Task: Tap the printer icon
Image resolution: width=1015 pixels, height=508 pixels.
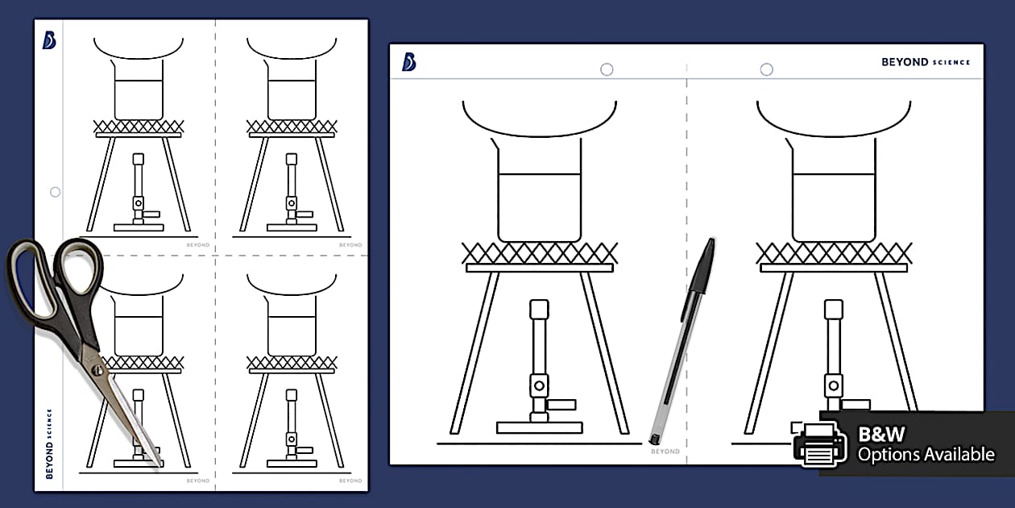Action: pos(820,443)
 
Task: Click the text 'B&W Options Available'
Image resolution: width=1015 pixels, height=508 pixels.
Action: pos(925,444)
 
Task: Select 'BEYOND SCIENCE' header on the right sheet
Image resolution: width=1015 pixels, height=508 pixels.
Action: pos(926,62)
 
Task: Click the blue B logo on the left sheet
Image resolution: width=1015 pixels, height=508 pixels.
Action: pos(49,40)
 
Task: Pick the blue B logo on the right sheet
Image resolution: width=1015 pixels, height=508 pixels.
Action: pos(409,62)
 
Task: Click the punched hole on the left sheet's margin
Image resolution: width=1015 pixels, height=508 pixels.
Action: pos(55,192)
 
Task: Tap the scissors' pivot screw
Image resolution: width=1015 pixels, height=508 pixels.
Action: pos(97,370)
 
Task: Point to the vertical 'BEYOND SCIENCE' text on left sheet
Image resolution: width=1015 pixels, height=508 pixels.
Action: pos(49,443)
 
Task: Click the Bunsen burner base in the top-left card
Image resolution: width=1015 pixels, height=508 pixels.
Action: pos(139,227)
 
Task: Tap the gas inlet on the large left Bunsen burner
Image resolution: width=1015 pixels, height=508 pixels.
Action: pos(561,404)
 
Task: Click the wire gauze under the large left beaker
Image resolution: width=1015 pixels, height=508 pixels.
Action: pos(540,252)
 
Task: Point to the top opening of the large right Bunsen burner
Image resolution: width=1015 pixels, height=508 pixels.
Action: pos(834,309)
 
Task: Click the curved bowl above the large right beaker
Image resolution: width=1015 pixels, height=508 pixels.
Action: pos(834,121)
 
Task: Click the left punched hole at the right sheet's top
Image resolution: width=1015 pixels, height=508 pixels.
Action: pos(607,69)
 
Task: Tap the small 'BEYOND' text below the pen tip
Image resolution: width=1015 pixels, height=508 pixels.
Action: pos(665,452)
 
